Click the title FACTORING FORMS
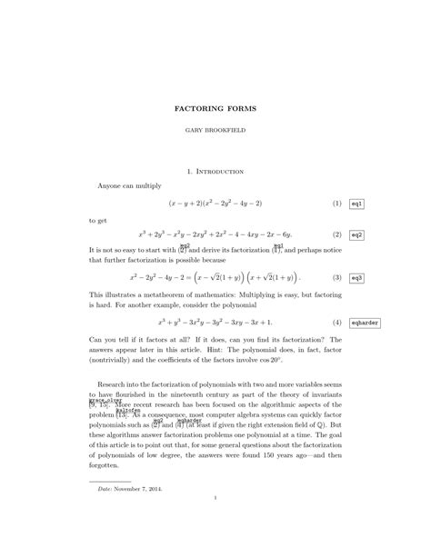[215, 109]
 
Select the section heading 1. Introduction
[215, 170]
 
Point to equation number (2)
[336, 234]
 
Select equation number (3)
[336, 277]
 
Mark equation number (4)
[336, 323]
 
